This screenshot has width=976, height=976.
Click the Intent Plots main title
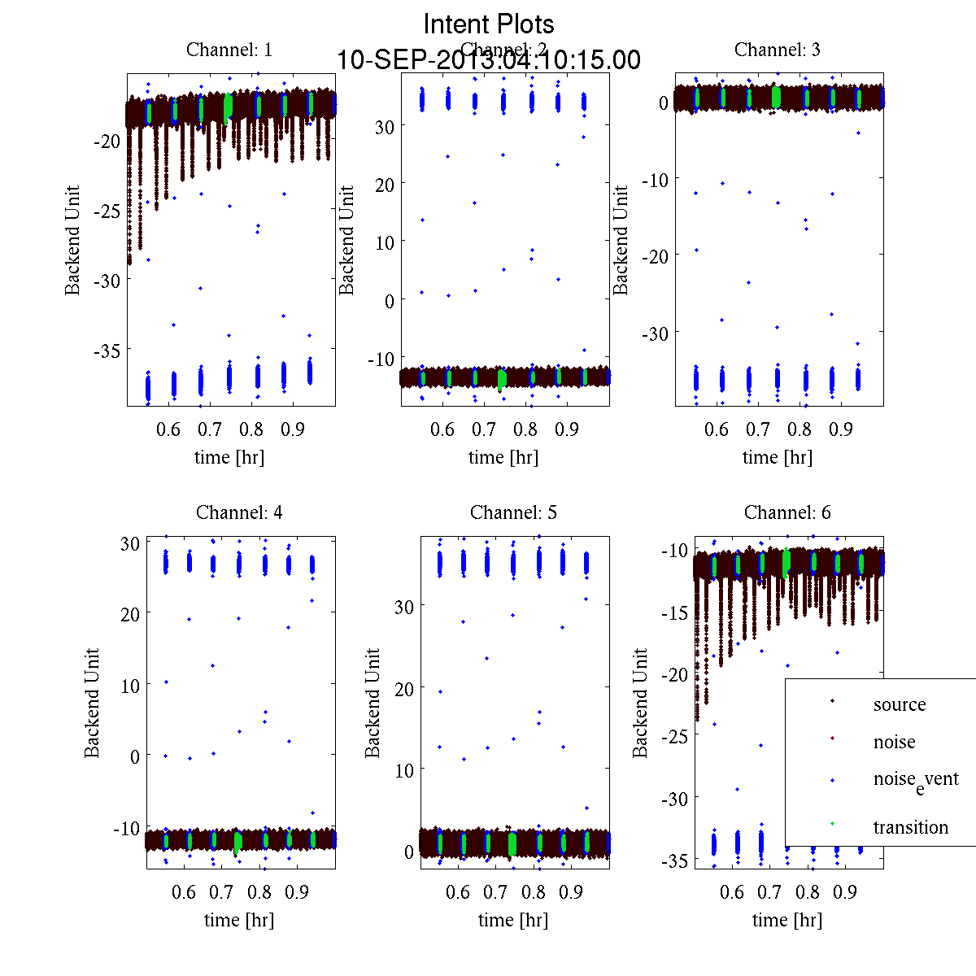pos(489,24)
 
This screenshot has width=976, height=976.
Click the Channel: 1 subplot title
pos(229,50)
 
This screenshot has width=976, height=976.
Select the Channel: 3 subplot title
pos(777,50)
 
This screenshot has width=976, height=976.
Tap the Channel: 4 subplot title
pos(239,512)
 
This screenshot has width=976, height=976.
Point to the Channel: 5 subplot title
pos(513,512)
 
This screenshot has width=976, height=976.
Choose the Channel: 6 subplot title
pos(787,512)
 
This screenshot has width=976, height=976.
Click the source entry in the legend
pos(899,704)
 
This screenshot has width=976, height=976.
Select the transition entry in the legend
pos(910,827)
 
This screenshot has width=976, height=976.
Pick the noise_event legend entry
pos(915,779)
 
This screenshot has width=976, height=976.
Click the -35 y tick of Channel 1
pos(106,351)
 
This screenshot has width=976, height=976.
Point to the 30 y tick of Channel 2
pos(384,127)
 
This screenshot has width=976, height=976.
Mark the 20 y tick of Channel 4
pos(129,613)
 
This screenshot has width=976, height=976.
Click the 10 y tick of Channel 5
pos(404,770)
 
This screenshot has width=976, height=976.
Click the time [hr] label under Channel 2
pos(503,457)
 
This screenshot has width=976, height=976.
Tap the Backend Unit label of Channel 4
pos(92,703)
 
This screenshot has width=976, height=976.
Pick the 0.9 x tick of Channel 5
pos(571,892)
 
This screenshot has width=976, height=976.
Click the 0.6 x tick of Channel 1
pos(168,429)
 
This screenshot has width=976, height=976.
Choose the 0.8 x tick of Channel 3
pos(801,429)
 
